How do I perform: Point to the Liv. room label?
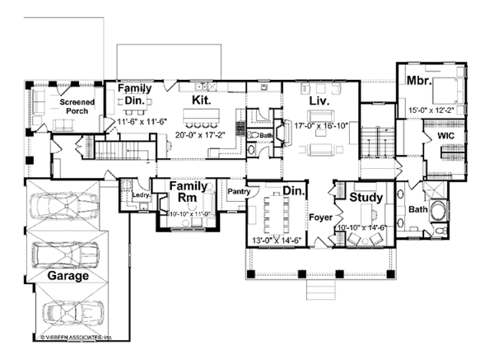pyautogui.click(x=319, y=101)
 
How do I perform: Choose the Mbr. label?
pyautogui.click(x=413, y=82)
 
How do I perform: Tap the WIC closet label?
pyautogui.click(x=446, y=133)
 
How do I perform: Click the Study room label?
pyautogui.click(x=366, y=198)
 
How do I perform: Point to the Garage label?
pyautogui.click(x=68, y=276)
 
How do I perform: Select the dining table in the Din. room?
pyautogui.click(x=276, y=212)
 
